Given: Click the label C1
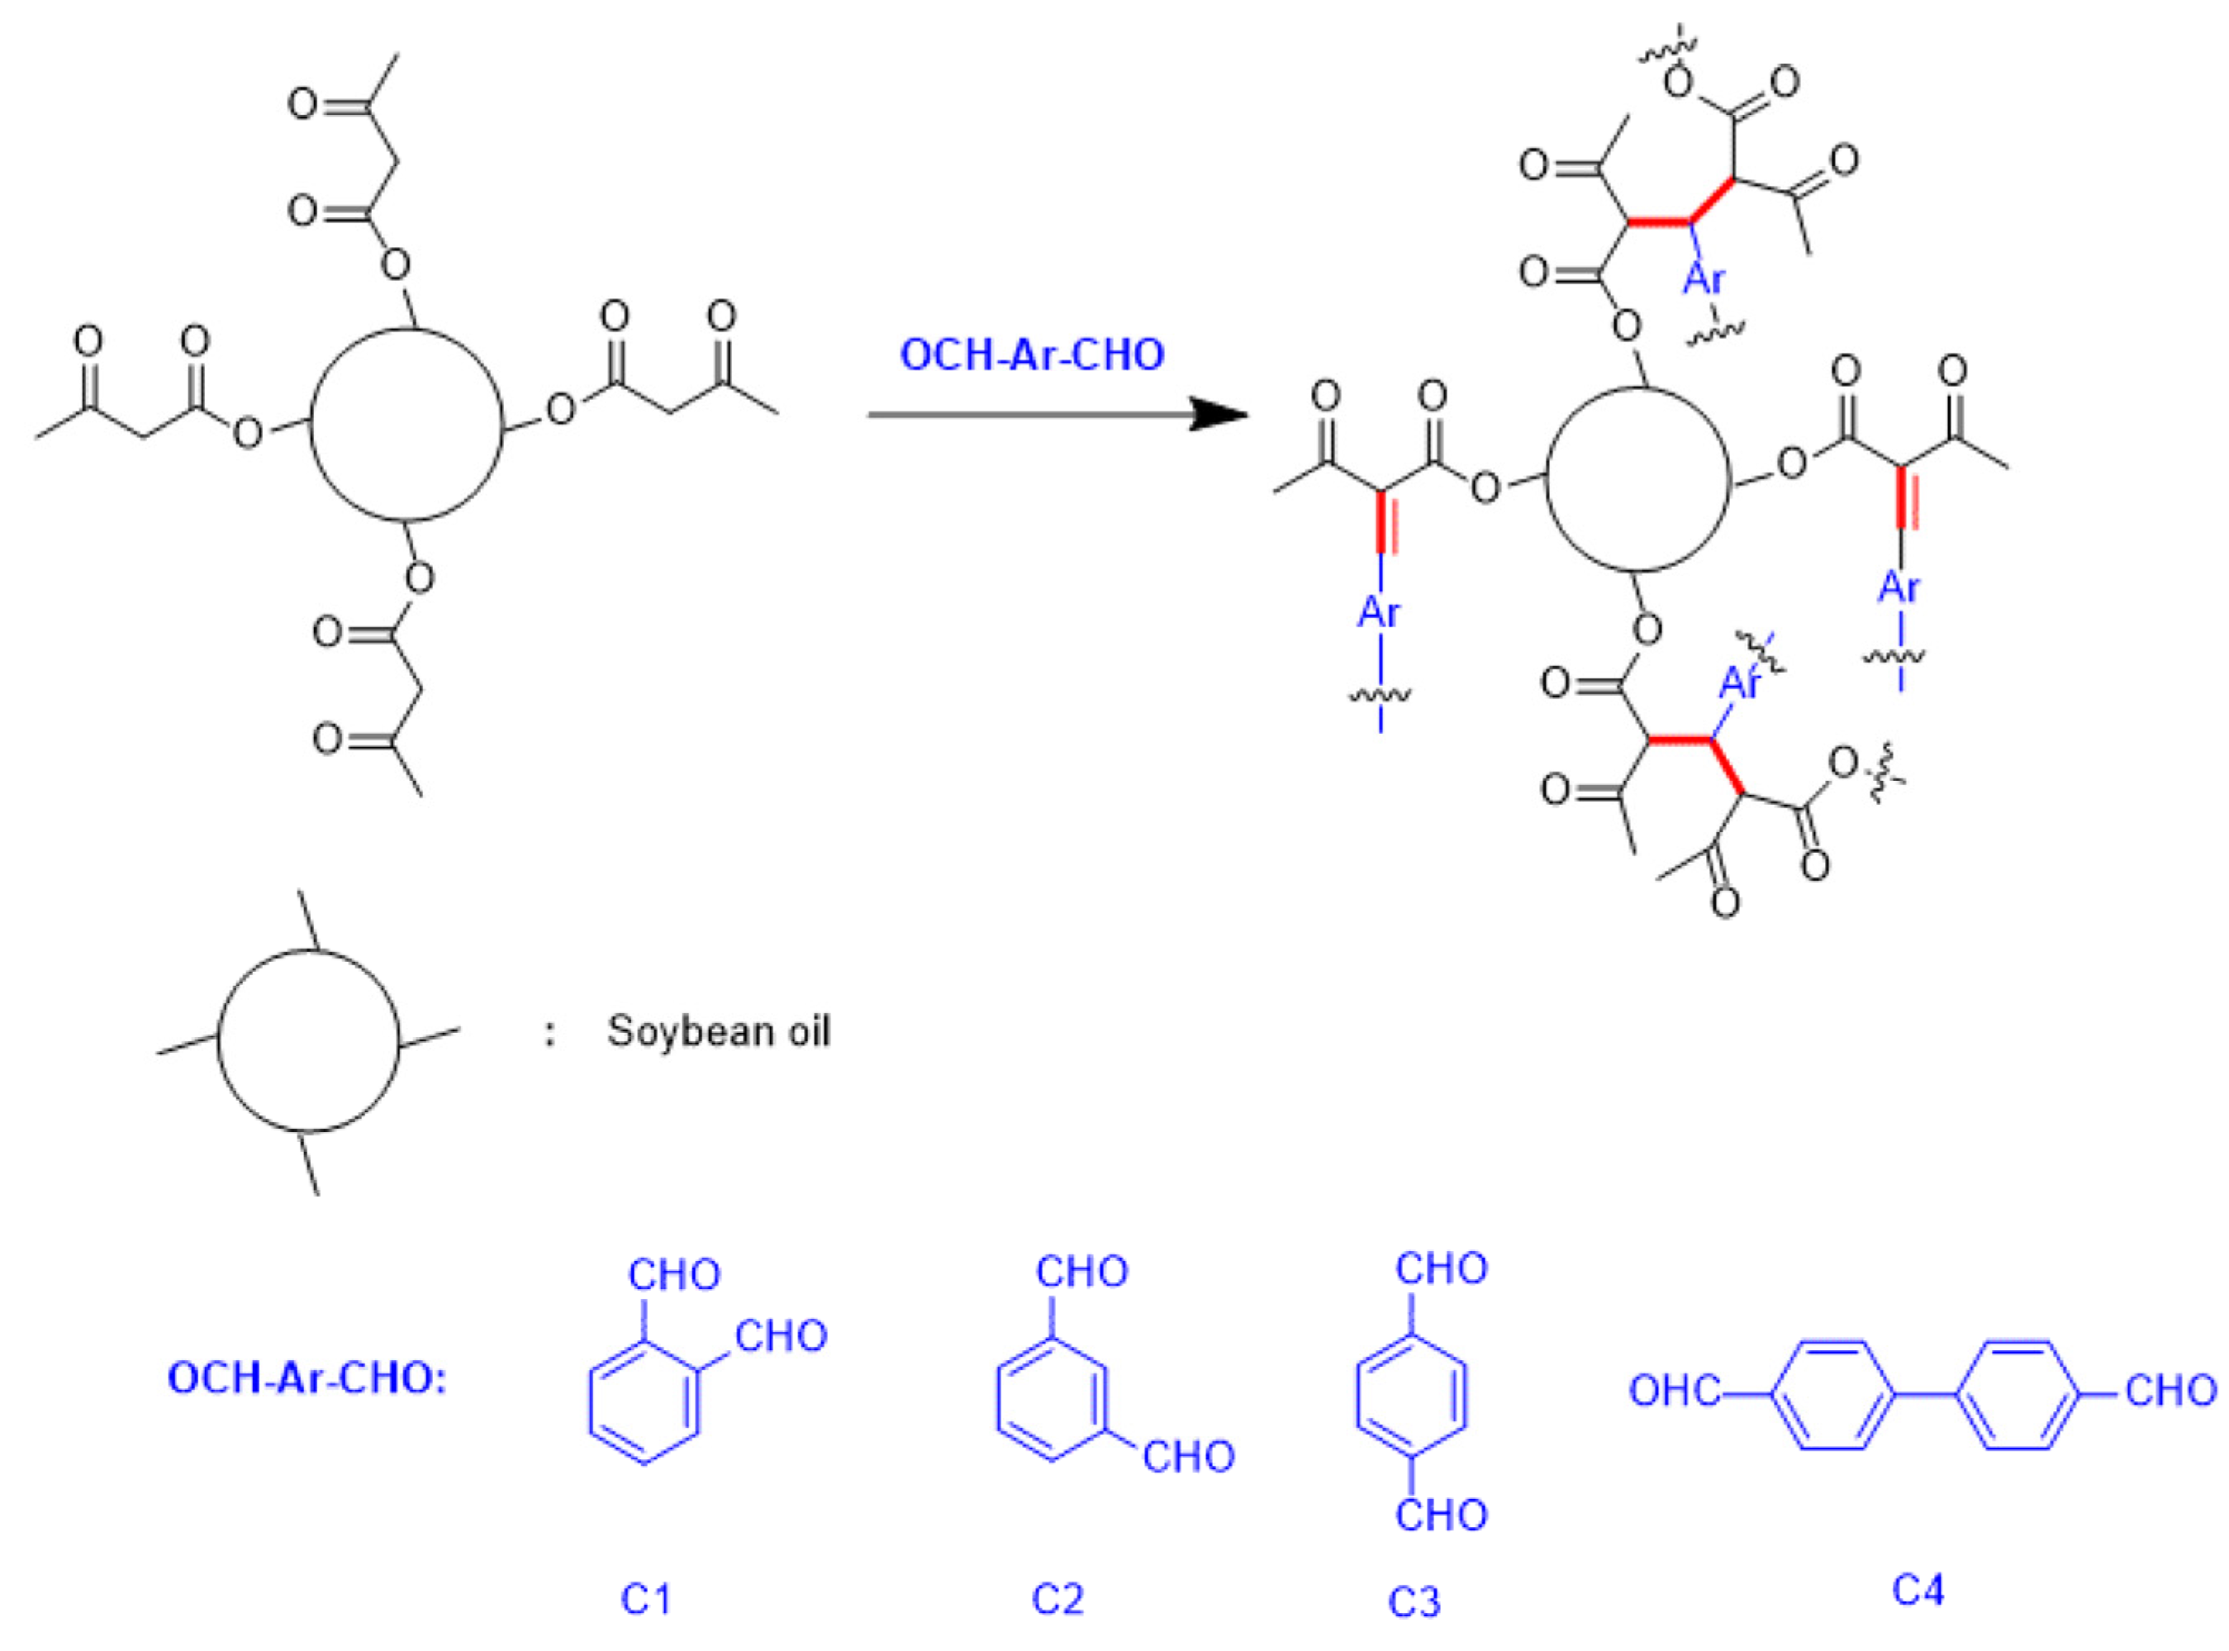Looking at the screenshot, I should point(645,1598).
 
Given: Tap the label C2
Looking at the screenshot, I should point(1057,1598).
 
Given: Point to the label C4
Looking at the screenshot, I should point(1918,1588).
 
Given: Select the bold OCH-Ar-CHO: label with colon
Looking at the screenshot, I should point(307,1378).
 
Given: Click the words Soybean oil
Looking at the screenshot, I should point(719,1031).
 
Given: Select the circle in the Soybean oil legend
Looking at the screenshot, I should point(307,1040).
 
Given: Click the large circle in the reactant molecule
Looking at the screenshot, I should point(406,424).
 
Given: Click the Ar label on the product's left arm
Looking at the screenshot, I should point(1379,611).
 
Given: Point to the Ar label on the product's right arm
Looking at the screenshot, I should point(1899,587).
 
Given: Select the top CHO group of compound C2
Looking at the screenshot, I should point(1081,1271).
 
